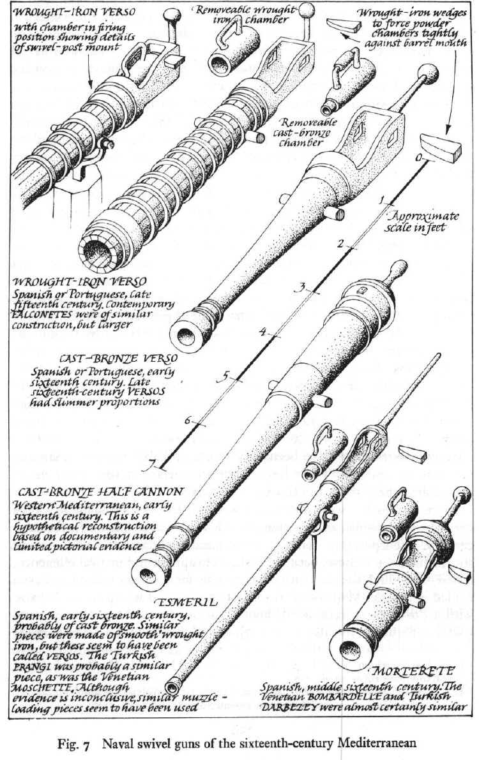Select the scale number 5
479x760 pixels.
222,377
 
